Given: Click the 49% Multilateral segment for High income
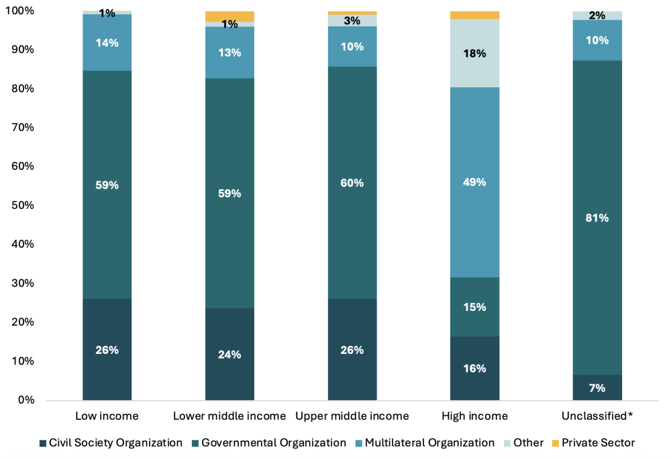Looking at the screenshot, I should pos(474,182).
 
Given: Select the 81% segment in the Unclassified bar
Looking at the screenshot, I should pos(597,218).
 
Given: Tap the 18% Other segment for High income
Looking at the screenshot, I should pos(474,53).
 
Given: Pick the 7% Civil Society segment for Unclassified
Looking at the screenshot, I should pos(597,387).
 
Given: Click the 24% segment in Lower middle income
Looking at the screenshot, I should pos(229,354).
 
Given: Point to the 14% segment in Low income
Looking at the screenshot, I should pos(107,42).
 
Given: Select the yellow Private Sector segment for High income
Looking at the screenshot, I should pos(474,15).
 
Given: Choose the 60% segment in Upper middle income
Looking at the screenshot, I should pos(352,183).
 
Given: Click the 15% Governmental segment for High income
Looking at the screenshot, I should pos(474,307).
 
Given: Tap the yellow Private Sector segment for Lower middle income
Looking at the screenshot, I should pos(229,16).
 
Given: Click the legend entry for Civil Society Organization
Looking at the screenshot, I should pos(111,443).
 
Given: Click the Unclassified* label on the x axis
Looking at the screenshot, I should pos(597,416).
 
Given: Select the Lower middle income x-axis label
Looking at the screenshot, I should pos(229,416).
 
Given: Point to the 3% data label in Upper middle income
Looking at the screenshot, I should pos(352,21).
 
